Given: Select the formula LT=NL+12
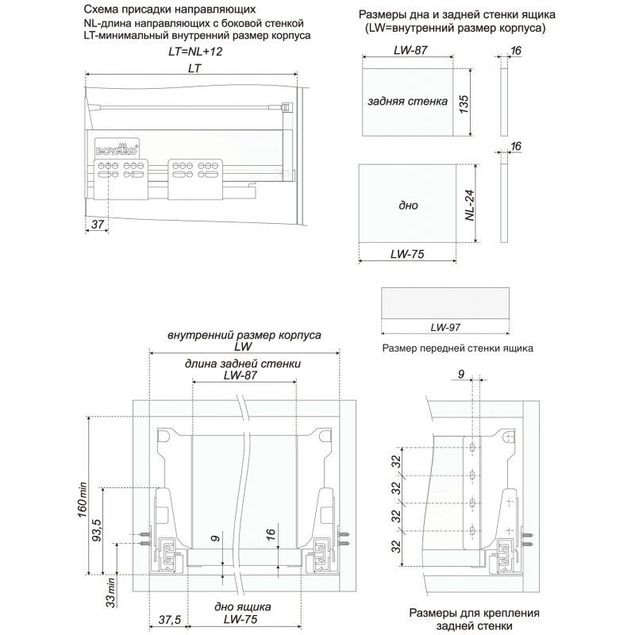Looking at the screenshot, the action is (x=195, y=52).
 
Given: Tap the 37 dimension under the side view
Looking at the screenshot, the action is (x=98, y=224).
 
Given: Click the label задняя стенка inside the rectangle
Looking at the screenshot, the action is (x=407, y=102).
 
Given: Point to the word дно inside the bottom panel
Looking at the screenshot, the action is (x=408, y=206).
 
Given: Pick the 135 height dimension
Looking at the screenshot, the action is (x=464, y=104).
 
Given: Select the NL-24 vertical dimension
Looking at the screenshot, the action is (x=470, y=206).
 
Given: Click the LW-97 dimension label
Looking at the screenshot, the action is (x=445, y=327).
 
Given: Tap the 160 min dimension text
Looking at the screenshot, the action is (x=83, y=500).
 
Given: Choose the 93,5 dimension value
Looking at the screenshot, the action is (x=97, y=529).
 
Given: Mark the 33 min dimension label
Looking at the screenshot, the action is (x=110, y=592).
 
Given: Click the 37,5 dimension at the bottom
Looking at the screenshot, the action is (x=169, y=620).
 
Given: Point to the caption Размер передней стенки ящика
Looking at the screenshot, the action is (x=458, y=348).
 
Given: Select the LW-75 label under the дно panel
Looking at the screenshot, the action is (x=407, y=254).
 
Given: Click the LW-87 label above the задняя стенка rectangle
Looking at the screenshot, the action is (x=410, y=50).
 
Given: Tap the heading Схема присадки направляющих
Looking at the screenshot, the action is (x=170, y=10).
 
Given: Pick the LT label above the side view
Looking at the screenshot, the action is (x=194, y=68).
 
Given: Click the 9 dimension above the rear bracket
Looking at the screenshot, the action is (x=461, y=374).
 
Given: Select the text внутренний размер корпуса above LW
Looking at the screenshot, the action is (x=244, y=335).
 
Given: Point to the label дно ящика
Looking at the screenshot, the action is (x=243, y=607).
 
